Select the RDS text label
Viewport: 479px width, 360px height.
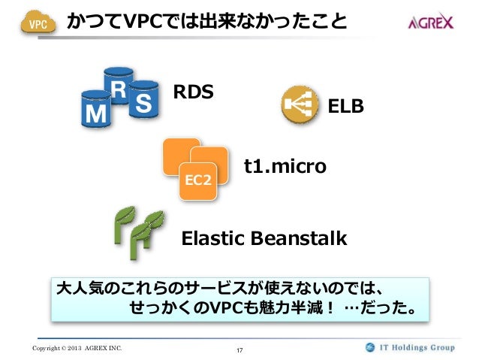[194, 92]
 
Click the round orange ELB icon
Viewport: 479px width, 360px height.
[299, 106]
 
